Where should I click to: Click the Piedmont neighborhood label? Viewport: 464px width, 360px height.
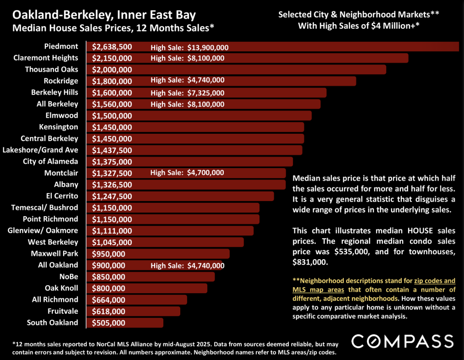(x=61, y=47)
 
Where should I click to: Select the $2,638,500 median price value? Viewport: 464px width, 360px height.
(x=112, y=47)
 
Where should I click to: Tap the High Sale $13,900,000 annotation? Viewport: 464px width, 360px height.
(x=189, y=47)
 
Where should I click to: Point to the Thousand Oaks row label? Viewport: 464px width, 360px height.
(x=51, y=70)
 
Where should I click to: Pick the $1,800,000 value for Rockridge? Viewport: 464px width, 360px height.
(x=112, y=81)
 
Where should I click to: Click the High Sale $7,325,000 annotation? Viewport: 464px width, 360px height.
(x=187, y=93)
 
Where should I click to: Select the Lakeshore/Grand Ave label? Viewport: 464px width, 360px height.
(x=40, y=150)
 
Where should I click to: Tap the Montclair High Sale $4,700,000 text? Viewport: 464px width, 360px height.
(x=187, y=173)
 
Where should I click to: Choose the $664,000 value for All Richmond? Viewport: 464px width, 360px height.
(x=108, y=300)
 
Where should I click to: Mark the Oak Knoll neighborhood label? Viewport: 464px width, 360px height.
(x=61, y=288)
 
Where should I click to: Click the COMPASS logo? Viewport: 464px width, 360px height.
(x=402, y=341)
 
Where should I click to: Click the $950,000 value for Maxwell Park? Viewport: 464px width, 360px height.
(x=108, y=254)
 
